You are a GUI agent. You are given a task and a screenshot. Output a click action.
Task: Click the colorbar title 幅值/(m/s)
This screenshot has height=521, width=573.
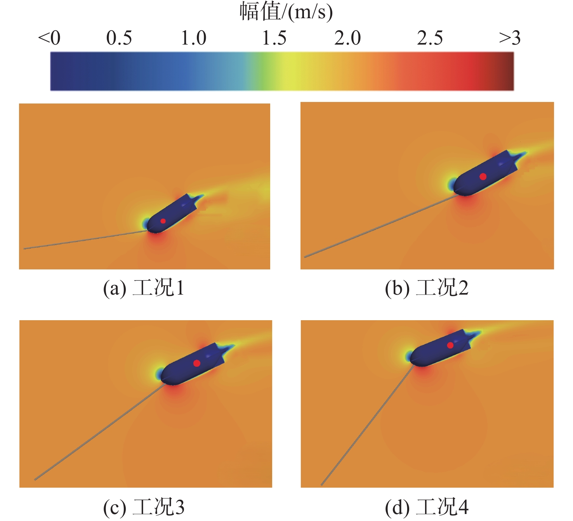(286, 12)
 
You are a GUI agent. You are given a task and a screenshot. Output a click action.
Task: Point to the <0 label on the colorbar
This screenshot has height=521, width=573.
(49, 38)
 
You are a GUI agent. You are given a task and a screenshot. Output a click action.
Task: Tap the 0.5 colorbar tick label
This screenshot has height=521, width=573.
(119, 38)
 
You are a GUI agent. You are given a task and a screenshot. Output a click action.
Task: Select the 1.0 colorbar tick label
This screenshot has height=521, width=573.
(194, 38)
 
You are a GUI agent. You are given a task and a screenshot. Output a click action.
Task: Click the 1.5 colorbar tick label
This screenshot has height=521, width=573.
(274, 38)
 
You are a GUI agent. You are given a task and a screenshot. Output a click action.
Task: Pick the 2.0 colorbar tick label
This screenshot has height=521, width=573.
(347, 38)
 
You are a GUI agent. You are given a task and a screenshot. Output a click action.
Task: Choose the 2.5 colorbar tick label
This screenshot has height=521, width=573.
(430, 38)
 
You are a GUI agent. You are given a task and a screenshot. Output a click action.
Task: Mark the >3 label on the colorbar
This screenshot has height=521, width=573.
(509, 38)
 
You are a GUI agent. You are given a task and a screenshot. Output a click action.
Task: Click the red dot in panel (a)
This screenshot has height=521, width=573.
(163, 221)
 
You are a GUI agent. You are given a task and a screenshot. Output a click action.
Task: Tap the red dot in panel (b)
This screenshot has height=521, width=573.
(483, 176)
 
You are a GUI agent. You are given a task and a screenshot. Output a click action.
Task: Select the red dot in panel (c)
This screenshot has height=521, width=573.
(197, 363)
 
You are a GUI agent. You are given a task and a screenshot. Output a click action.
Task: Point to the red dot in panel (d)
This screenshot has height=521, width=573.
(450, 345)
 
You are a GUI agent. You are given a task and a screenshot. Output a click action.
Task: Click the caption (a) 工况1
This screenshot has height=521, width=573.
(144, 288)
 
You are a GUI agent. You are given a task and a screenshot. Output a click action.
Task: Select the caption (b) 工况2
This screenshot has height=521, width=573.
(427, 288)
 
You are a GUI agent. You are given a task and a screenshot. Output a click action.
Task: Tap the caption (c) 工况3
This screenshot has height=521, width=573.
(144, 507)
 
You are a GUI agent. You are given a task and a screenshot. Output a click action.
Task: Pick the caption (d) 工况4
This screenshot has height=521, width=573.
(427, 507)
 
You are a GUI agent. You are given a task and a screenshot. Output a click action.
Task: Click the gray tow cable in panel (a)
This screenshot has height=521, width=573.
(85, 240)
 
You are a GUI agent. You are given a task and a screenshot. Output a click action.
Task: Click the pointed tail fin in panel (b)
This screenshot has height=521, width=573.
(520, 155)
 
